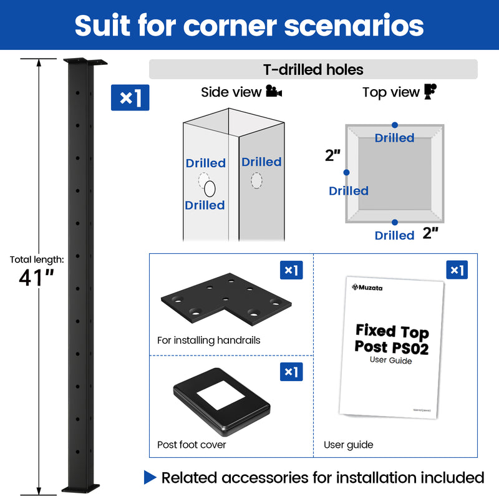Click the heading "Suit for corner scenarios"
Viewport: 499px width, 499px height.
click(249, 25)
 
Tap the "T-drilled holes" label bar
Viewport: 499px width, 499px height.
click(313, 69)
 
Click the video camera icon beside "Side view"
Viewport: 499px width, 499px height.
click(274, 92)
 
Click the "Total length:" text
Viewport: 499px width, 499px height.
click(37, 259)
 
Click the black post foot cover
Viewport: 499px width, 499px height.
click(221, 405)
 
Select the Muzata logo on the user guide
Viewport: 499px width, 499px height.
click(372, 288)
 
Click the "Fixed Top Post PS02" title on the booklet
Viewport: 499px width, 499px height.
click(392, 339)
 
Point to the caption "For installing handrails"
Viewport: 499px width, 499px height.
click(209, 341)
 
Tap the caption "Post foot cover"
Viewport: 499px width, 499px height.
click(191, 445)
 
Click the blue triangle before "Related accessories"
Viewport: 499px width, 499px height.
click(150, 478)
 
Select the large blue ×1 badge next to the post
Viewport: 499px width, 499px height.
click(130, 98)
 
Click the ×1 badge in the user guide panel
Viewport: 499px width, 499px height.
click(457, 270)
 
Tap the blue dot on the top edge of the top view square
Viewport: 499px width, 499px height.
click(395, 125)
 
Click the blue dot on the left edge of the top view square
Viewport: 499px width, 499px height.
click(346, 173)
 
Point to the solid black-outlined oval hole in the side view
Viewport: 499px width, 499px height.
click(210, 188)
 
